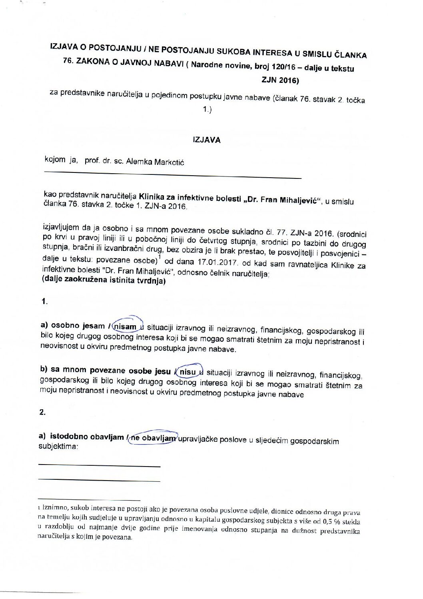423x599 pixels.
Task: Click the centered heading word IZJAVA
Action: point(206,140)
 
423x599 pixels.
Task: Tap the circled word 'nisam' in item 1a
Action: point(125,327)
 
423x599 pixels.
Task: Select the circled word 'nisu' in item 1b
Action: point(188,372)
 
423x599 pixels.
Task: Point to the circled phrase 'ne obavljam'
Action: point(153,438)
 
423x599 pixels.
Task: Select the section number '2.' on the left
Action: point(42,413)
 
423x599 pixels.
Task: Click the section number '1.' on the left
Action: point(44,302)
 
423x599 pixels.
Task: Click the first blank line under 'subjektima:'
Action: point(99,466)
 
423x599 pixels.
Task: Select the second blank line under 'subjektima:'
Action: point(99,481)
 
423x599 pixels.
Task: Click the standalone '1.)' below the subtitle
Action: point(207,109)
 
